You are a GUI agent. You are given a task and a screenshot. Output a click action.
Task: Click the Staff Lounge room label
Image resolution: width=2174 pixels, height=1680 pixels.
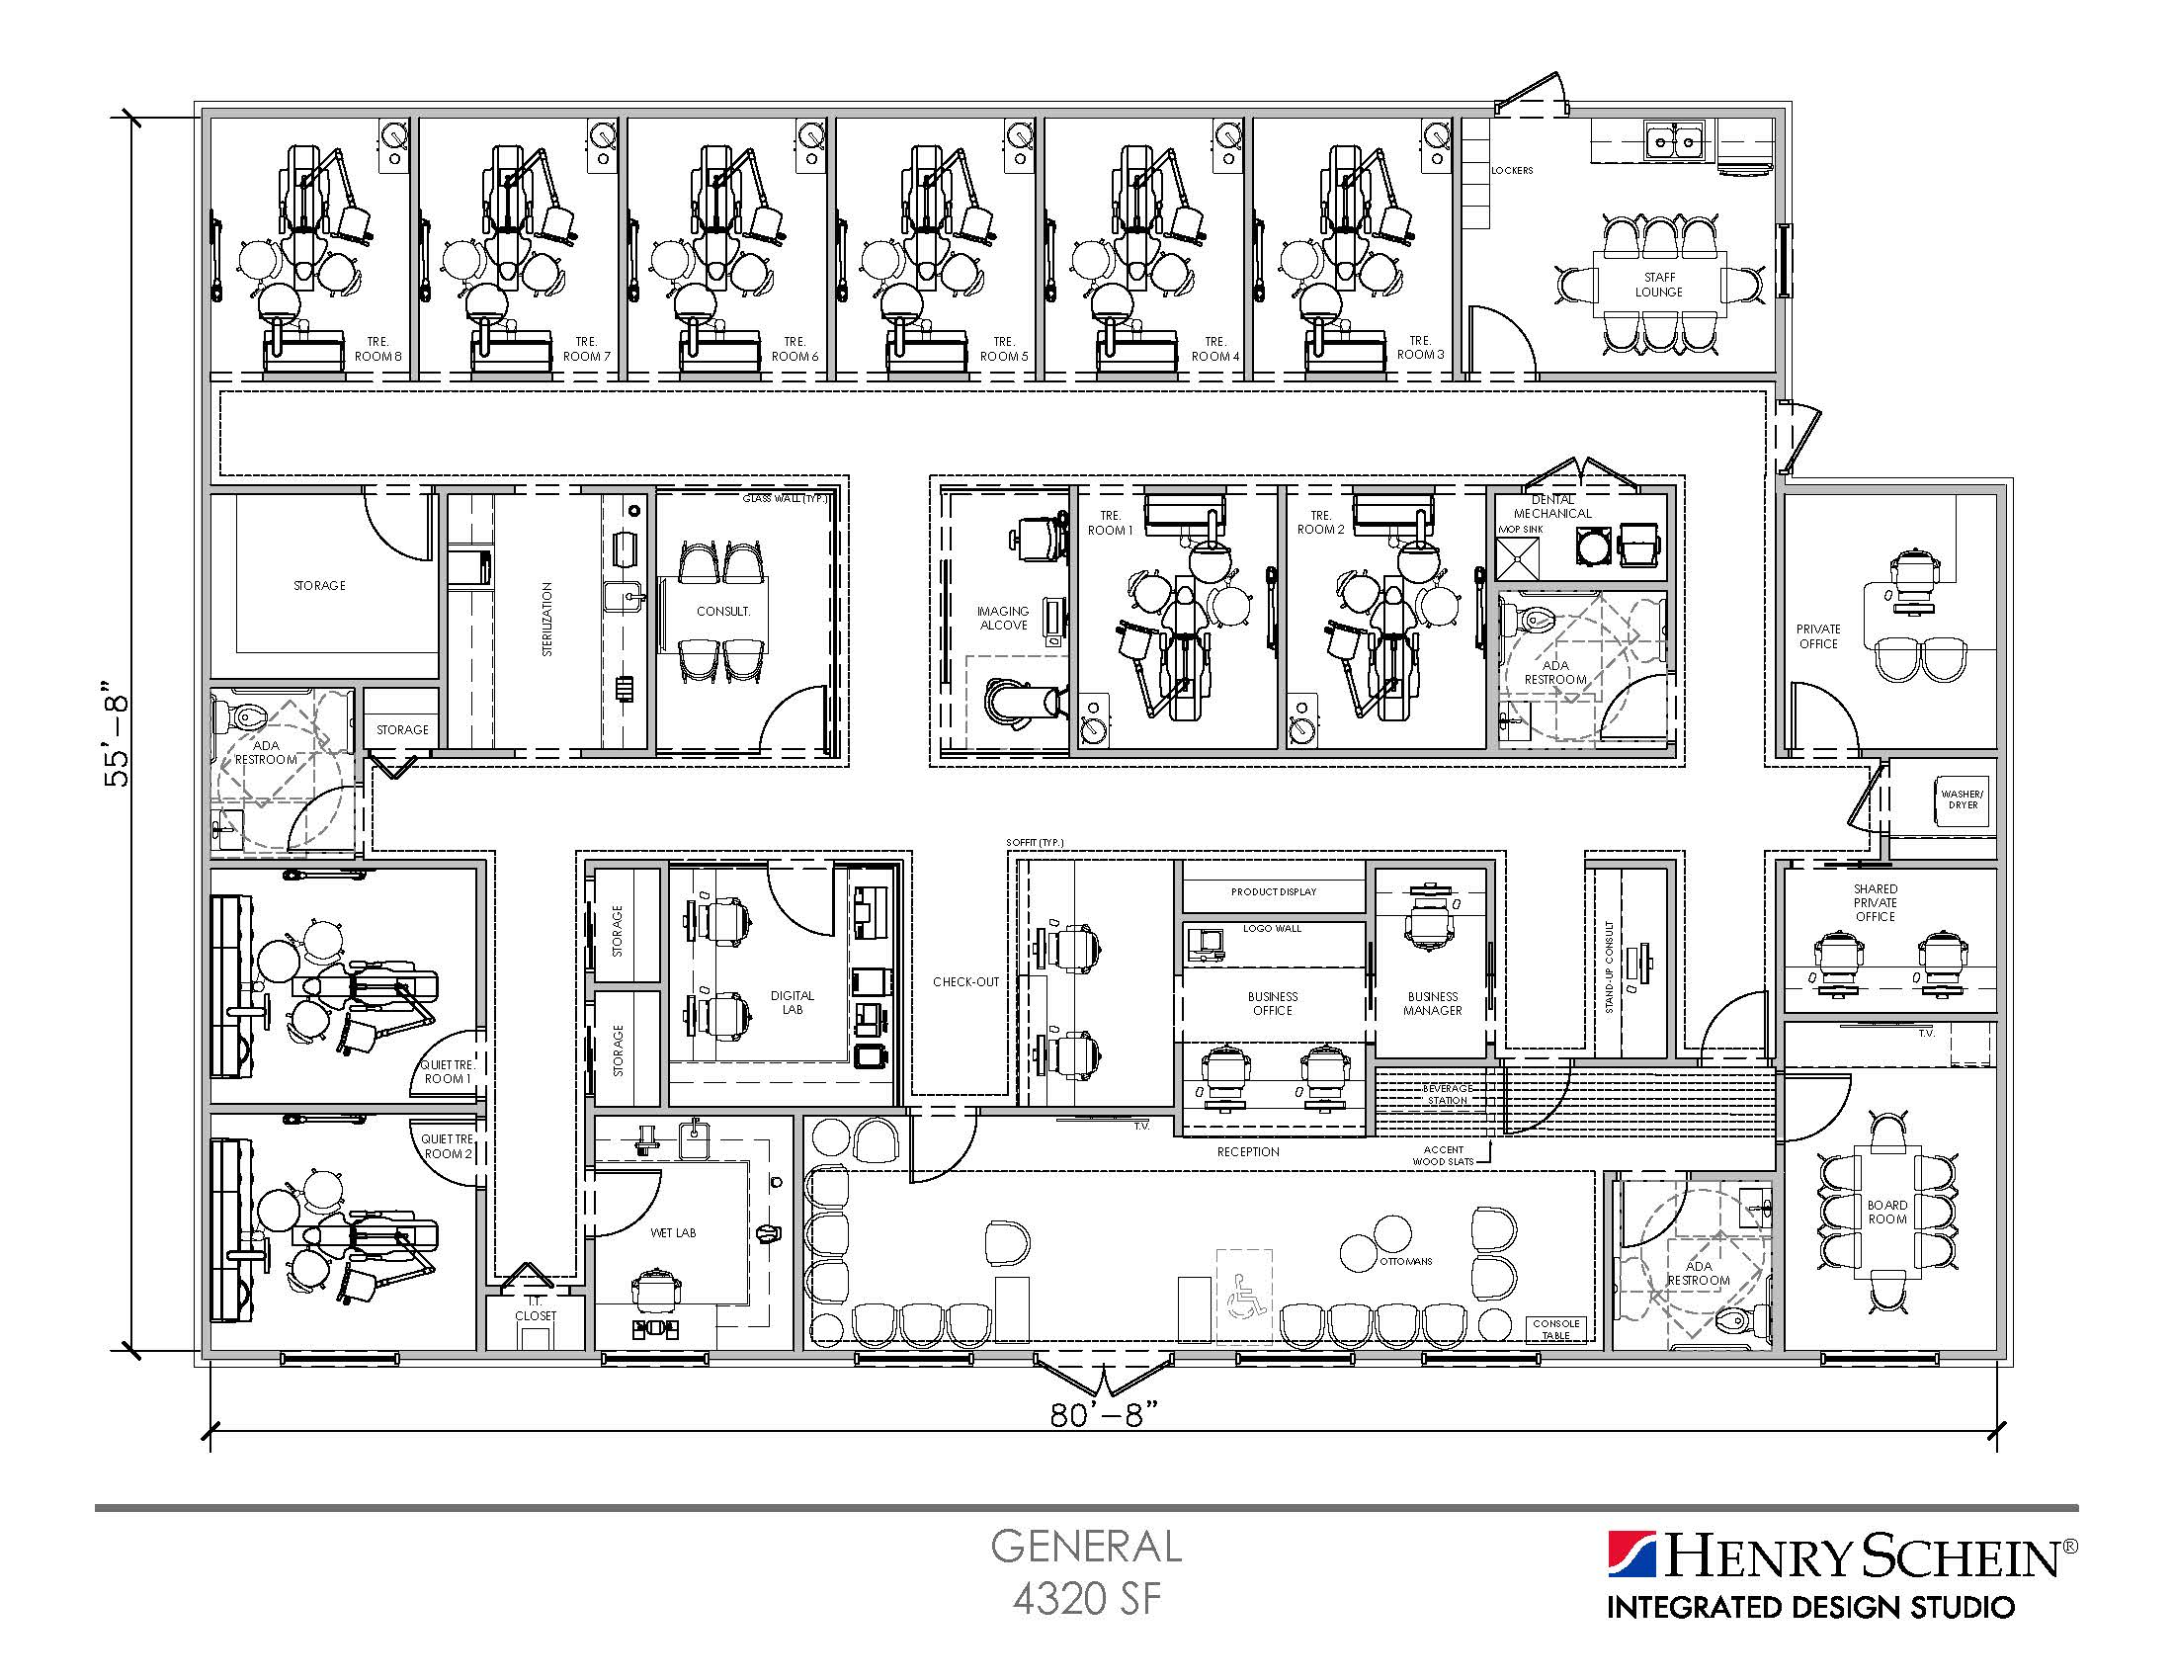pos(1658,285)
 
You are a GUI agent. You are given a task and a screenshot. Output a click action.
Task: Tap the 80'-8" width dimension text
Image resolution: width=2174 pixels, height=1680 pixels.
pos(1105,1414)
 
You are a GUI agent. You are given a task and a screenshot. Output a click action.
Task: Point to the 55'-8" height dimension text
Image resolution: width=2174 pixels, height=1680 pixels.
pos(118,733)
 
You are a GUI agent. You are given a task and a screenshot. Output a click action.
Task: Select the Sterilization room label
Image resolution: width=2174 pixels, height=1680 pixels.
pos(547,619)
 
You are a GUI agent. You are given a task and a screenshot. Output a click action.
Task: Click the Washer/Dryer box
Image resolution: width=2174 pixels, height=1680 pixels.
pos(1962,799)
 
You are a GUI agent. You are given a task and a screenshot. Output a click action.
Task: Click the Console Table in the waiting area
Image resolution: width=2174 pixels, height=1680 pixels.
pos(1555,1329)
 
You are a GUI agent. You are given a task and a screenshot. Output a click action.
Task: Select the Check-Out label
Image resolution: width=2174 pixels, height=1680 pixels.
pos(965,981)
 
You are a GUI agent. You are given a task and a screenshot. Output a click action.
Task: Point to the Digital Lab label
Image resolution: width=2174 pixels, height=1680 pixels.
pos(793,1002)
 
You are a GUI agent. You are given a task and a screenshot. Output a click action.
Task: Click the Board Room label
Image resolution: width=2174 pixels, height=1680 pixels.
pos(1886,1212)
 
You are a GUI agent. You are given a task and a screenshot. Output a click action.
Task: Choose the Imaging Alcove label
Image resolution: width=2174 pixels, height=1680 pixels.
pos(1002,618)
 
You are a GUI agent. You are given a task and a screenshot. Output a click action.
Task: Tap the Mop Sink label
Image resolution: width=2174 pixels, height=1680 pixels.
pos(1520,530)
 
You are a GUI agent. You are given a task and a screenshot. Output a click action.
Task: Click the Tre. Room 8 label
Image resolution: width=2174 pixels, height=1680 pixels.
pos(378,348)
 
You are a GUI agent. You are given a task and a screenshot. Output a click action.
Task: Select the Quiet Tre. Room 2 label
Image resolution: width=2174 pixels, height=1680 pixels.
pos(447,1146)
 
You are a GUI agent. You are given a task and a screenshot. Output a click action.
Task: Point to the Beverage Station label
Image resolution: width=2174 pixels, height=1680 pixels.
pos(1447,1094)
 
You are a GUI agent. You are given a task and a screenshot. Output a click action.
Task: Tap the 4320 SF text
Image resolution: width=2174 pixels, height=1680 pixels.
pos(1086,1599)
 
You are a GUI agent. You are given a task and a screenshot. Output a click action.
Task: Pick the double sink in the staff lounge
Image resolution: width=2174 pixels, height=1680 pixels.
pos(1672,141)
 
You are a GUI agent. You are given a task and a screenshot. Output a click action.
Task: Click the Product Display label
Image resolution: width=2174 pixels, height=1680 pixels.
pos(1273,891)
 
